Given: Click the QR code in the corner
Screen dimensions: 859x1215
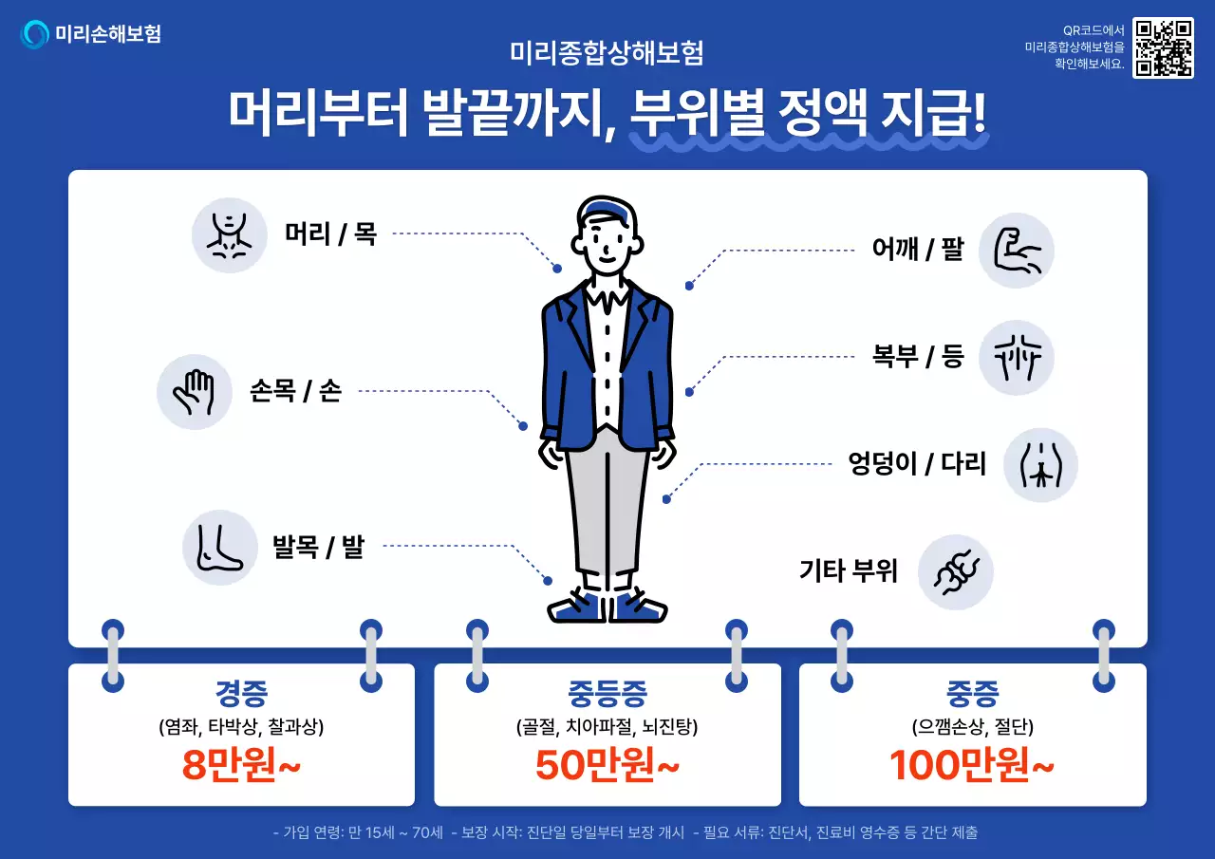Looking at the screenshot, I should coord(1163,47).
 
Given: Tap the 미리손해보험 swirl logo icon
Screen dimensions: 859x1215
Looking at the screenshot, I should coord(35,34).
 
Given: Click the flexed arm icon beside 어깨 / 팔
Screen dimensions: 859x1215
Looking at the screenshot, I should coord(1017,251).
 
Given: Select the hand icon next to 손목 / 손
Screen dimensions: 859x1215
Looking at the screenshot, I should coord(195,392).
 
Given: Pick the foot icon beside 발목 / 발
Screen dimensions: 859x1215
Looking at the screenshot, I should coord(220,548).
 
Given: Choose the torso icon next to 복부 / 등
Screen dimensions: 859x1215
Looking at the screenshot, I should coord(1017,358).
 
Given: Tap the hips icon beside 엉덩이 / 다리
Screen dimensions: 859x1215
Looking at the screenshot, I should coord(1040,465).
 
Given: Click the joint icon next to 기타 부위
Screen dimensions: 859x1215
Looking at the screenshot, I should coord(956,572).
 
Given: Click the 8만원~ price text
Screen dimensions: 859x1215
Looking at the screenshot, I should coord(241,765).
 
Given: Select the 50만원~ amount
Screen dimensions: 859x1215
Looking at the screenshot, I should coord(607,765).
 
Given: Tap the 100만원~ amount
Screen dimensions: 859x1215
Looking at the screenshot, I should coord(972,765).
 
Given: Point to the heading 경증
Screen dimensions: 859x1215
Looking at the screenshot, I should coord(242,694).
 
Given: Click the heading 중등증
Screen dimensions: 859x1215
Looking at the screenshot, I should coord(607,694).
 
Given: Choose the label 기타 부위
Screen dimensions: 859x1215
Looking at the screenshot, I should coord(848,571).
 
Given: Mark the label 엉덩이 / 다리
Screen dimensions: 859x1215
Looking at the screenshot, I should coord(917,464).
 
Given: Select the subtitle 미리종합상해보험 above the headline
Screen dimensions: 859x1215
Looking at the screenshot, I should coord(607,52).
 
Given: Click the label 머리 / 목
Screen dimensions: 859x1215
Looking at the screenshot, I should coord(330,233).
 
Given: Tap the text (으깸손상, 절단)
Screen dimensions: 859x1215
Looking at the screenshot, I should coord(972,728).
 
